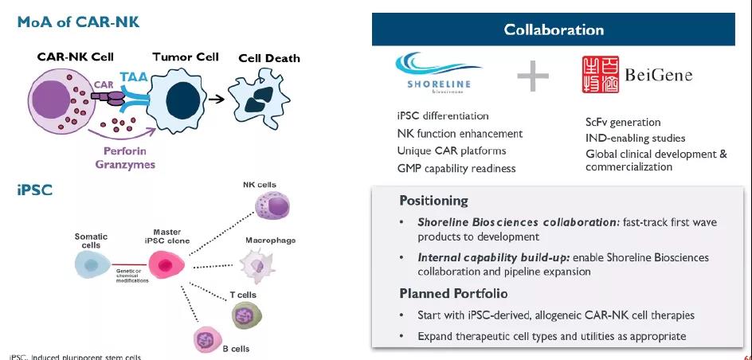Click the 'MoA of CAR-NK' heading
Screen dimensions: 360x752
[78, 22]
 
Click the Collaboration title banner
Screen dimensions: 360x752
[553, 30]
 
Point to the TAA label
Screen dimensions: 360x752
[132, 77]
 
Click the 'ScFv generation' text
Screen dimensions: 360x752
[623, 122]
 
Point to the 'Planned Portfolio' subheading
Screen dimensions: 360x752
[453, 294]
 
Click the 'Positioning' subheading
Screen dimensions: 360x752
[433, 200]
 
